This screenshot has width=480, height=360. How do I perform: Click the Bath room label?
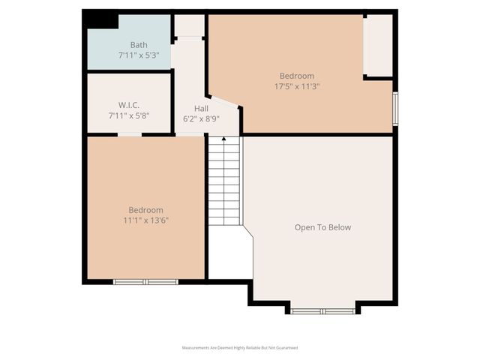tap(139, 45)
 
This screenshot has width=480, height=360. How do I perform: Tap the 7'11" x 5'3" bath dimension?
tap(139, 55)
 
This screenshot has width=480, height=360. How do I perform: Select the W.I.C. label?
tap(129, 105)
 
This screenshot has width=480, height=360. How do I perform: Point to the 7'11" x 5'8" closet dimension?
tap(129, 115)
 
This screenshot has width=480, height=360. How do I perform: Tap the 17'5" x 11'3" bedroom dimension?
tap(297, 86)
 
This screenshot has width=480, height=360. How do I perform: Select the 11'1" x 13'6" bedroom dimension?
tap(145, 220)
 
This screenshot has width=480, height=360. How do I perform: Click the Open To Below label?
tap(322, 227)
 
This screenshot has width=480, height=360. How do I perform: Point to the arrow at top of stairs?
tap(223, 139)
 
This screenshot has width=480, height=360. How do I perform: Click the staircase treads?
tap(223, 184)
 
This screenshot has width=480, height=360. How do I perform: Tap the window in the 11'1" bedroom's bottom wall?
tap(145, 282)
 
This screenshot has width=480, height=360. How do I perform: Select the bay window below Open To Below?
tap(322, 310)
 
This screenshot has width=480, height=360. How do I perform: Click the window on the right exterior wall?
tap(395, 109)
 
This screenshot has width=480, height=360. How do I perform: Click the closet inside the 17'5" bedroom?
tap(378, 45)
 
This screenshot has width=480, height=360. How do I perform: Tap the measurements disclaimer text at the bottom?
tap(240, 348)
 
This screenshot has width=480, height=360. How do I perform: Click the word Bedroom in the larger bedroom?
tap(297, 76)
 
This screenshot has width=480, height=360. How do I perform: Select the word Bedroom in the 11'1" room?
tap(145, 210)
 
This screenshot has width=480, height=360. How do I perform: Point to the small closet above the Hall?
tap(189, 25)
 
